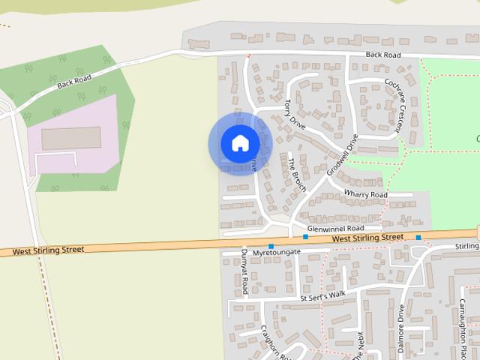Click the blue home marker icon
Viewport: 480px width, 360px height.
point(239,143)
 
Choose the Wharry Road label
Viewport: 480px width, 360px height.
point(366,195)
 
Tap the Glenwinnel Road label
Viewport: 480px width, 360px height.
point(335,227)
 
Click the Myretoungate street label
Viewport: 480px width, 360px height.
point(277,252)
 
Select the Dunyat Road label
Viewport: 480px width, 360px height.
point(245,274)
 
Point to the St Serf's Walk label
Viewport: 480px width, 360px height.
point(322,295)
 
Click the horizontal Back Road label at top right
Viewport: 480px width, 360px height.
point(383,55)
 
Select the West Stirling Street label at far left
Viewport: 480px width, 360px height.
point(48,251)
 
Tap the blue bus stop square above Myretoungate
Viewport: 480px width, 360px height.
point(271,246)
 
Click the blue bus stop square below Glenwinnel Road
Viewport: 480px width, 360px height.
point(305,237)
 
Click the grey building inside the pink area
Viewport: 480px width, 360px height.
point(71,138)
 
